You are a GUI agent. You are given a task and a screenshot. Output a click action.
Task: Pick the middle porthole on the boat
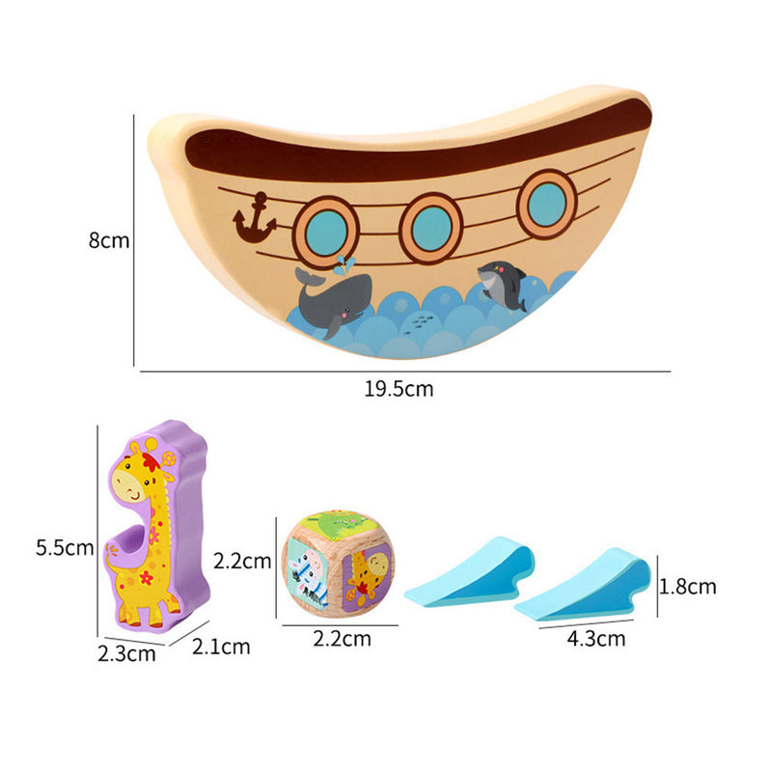point(431,229)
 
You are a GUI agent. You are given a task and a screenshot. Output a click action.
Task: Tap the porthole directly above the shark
point(546,205)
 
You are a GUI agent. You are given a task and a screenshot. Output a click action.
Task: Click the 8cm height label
point(109,240)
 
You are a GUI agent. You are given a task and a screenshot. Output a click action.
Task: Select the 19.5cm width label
point(399,389)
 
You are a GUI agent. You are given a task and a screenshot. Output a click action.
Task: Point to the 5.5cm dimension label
point(65,547)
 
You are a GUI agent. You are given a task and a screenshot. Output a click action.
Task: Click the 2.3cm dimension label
point(126,654)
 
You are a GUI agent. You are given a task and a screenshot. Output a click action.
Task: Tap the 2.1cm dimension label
point(221,647)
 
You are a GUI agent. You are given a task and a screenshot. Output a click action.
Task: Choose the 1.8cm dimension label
point(687,587)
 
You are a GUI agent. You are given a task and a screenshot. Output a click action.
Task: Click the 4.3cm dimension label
point(596,639)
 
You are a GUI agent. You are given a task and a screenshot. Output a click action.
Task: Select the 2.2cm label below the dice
point(343,639)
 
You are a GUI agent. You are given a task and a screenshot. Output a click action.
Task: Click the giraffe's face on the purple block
point(132,482)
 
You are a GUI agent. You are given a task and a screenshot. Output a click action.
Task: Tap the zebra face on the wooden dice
point(308,573)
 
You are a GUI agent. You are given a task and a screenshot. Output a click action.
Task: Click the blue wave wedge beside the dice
point(469,571)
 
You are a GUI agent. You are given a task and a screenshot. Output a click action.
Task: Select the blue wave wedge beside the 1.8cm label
point(583,584)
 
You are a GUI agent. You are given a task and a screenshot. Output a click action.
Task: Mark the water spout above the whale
point(345,265)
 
